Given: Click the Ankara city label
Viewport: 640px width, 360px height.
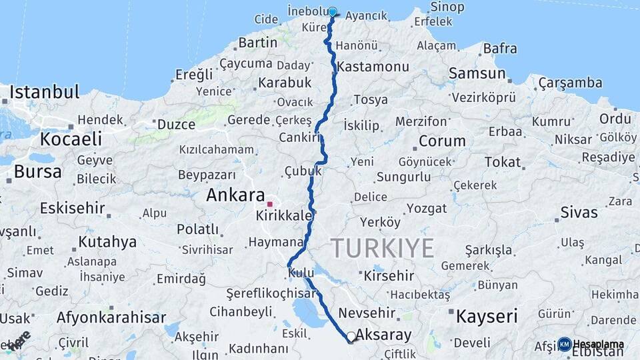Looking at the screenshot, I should pyautogui.click(x=235, y=195).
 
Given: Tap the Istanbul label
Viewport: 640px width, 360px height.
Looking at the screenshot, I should pyautogui.click(x=45, y=91).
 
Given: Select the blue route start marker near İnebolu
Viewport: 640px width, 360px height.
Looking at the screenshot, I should pyautogui.click(x=333, y=11).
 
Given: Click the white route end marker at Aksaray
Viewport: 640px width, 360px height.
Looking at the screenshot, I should pyautogui.click(x=351, y=336).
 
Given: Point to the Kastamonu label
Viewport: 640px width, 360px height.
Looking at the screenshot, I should pyautogui.click(x=373, y=67).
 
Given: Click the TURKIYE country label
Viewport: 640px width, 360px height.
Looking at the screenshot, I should pyautogui.click(x=383, y=248).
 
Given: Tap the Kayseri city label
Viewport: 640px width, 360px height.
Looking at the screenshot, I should pyautogui.click(x=487, y=317).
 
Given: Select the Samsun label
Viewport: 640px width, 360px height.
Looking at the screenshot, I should pyautogui.click(x=477, y=73).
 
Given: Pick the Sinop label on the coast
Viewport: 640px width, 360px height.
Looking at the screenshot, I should pyautogui.click(x=447, y=7).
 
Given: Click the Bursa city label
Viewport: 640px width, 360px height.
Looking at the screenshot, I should pyautogui.click(x=37, y=171).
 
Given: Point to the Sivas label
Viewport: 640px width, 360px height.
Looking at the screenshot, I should pyautogui.click(x=579, y=213).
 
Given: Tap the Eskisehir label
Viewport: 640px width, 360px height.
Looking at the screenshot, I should pyautogui.click(x=72, y=208).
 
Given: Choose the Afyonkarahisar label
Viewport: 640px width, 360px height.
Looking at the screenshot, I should pyautogui.click(x=111, y=317).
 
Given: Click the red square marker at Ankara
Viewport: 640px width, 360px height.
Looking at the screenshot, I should pyautogui.click(x=270, y=204).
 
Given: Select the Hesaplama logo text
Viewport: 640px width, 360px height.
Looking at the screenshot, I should pyautogui.click(x=598, y=345).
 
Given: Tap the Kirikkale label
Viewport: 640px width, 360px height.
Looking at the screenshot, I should pyautogui.click(x=284, y=217).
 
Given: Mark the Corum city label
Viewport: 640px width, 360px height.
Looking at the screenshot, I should pyautogui.click(x=442, y=141).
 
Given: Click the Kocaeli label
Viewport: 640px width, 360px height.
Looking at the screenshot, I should pyautogui.click(x=71, y=139).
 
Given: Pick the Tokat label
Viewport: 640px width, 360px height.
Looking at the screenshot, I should pyautogui.click(x=503, y=162).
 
